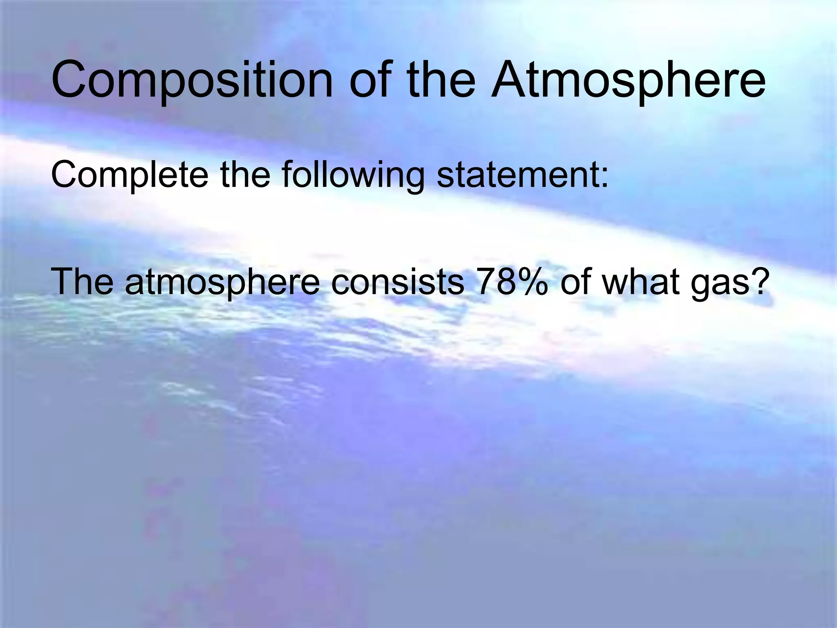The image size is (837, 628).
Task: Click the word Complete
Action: coord(130,176)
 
